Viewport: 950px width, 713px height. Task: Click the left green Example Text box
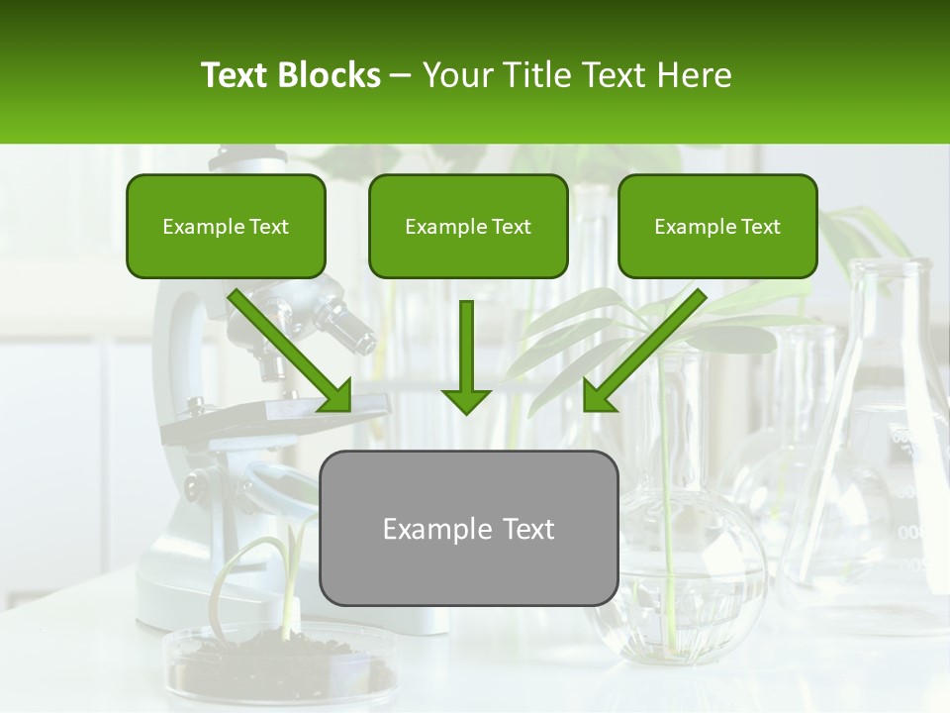coord(226,227)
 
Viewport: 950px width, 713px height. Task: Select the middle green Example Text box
coord(468,227)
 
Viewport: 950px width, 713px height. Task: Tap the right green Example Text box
coord(717,227)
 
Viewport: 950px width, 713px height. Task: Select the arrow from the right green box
coord(643,352)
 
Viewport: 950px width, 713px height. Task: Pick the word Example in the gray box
coord(425,529)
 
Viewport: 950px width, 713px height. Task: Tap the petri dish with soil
coord(278,665)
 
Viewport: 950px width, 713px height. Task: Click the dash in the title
coord(402,76)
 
